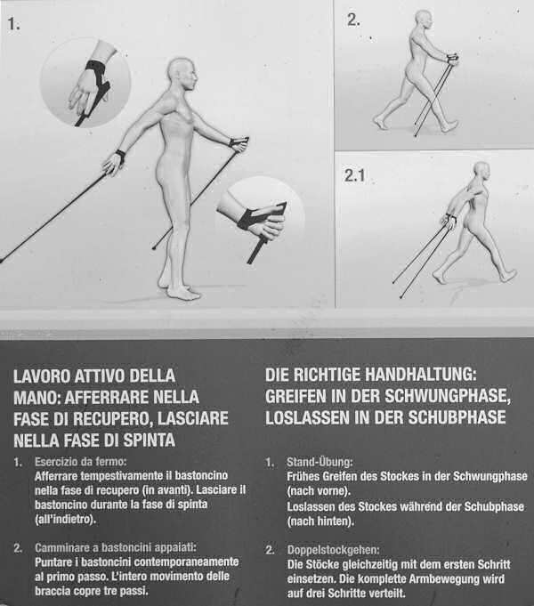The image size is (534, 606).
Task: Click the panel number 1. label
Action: [x=13, y=24]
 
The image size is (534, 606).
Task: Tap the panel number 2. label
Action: [x=353, y=20]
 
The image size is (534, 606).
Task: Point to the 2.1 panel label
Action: [x=354, y=176]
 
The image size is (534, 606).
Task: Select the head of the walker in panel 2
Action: [x=424, y=20]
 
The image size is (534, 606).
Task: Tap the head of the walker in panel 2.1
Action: [x=481, y=172]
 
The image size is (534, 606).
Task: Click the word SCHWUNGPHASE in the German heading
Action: [x=448, y=396]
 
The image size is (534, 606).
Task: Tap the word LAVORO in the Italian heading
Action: [x=42, y=376]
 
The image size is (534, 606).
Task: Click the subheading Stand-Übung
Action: [x=320, y=462]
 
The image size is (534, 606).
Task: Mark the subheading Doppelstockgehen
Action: [x=333, y=550]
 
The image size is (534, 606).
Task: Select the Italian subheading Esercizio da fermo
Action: [x=80, y=462]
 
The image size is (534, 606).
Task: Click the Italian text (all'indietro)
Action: [x=65, y=519]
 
